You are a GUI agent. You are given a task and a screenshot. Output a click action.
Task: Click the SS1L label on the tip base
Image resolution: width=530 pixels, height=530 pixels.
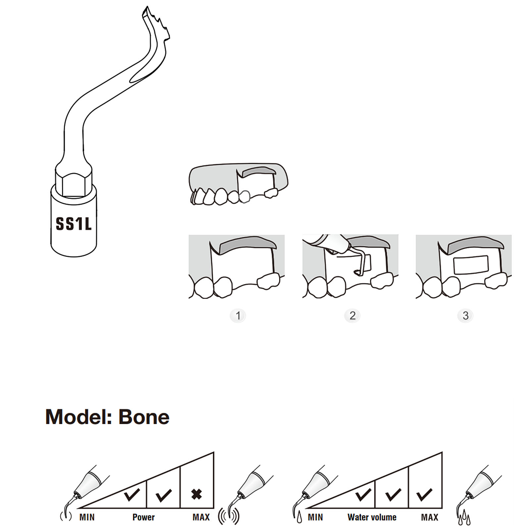pos(74,224)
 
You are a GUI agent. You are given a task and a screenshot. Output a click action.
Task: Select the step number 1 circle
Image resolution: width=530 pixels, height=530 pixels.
pos(238,316)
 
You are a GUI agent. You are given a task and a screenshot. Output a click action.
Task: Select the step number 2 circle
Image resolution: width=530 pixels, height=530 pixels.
pos(352,316)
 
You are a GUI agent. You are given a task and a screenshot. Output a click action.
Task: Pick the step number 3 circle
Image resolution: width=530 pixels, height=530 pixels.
pos(465,316)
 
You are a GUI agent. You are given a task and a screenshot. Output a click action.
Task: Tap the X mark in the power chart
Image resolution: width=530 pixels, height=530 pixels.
pos(197,494)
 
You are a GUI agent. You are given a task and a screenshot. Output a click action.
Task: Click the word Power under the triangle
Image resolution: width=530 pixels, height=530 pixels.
pos(143,517)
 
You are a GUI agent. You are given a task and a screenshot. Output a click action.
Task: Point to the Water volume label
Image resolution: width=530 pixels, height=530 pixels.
pos(372,517)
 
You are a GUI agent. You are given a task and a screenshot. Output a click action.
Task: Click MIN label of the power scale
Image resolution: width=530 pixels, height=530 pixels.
pos(87,517)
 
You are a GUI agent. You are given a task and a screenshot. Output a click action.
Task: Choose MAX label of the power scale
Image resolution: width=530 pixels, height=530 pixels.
pos(201,517)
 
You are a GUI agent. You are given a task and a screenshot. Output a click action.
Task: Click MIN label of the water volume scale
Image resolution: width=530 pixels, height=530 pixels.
pos(315,517)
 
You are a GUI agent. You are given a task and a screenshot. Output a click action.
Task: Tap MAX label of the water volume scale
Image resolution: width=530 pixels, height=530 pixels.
pos(430,517)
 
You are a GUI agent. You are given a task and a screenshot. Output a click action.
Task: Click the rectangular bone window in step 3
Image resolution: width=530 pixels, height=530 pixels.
pos(471,265)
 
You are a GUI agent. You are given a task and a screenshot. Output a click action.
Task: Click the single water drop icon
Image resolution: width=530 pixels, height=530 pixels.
pos(299,517)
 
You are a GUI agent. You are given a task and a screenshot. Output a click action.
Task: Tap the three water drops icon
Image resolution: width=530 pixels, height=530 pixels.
pos(464,518)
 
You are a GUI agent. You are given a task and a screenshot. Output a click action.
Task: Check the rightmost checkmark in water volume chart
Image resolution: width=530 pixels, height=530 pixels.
pos(425,494)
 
